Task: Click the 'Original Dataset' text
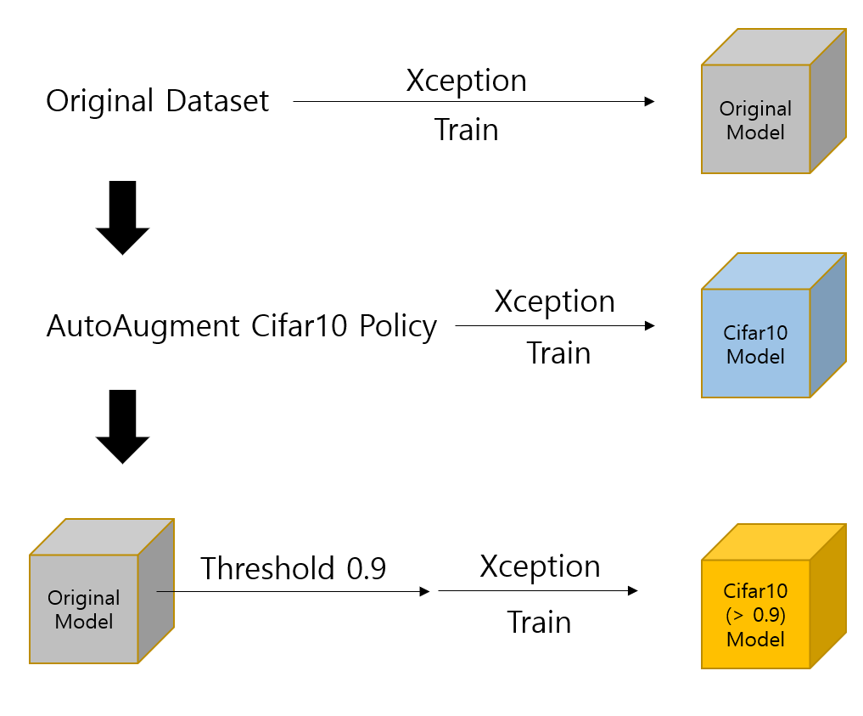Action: [x=157, y=101]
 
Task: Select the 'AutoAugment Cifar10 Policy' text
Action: [x=242, y=325]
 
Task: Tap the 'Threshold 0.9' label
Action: [x=293, y=568]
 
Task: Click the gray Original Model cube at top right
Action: [x=773, y=101]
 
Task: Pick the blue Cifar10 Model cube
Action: [x=773, y=325]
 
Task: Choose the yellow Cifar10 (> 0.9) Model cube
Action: [x=773, y=596]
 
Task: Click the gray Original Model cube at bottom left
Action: [x=102, y=591]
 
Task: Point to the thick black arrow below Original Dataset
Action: [x=122, y=217]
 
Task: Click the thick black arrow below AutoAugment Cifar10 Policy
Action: [x=122, y=427]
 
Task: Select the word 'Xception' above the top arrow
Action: [x=466, y=81]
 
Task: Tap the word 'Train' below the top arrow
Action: [x=466, y=129]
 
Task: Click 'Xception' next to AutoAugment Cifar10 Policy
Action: [x=554, y=302]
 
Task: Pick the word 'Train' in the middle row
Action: [x=558, y=352]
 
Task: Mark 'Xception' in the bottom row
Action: [x=540, y=567]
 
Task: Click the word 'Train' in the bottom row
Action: [x=539, y=623]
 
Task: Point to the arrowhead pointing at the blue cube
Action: [x=649, y=325]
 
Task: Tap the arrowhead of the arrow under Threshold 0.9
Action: [x=424, y=591]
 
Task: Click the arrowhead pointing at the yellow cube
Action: [x=633, y=591]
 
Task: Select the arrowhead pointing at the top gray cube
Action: [x=649, y=101]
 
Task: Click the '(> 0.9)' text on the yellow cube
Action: [x=755, y=615]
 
